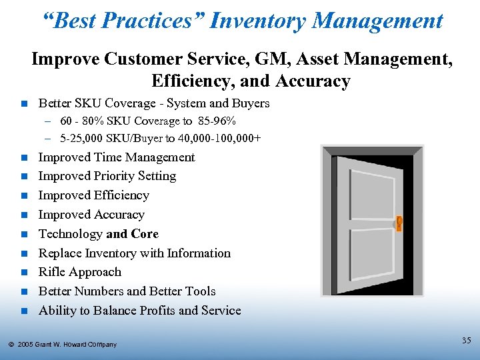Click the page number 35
click(x=466, y=341)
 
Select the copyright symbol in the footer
click(x=11, y=344)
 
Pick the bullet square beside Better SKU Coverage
click(x=24, y=104)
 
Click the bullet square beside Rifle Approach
click(x=24, y=273)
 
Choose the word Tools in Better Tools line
click(x=200, y=291)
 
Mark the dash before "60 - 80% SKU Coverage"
click(x=49, y=122)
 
